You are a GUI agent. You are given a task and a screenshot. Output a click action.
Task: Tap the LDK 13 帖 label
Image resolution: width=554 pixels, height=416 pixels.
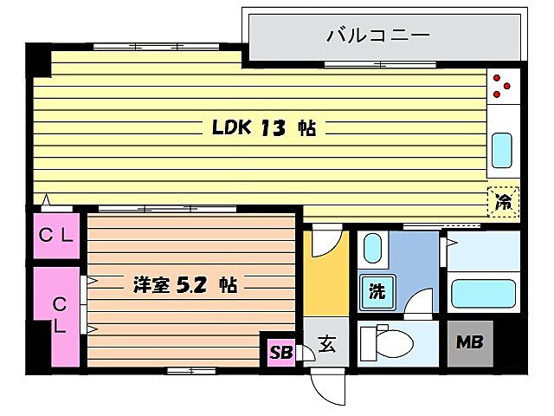point(264,128)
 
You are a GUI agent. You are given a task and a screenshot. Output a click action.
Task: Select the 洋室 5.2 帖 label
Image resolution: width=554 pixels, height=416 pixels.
point(185,283)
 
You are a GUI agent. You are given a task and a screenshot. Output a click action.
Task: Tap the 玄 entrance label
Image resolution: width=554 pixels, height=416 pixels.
point(327,344)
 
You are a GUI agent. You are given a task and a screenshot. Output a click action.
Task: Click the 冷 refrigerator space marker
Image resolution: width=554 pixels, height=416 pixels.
point(503,203)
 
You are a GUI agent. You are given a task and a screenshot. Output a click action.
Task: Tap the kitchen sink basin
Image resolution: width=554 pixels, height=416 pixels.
point(502,151)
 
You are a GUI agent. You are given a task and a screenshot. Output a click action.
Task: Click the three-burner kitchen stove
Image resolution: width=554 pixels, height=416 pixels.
point(502,86)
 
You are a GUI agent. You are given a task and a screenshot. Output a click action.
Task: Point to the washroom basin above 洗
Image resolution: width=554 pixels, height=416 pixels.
point(370,250)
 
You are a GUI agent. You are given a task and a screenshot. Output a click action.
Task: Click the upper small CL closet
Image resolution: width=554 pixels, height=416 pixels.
point(57,235)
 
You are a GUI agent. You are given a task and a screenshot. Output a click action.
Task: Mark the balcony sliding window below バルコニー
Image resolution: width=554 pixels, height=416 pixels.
point(355,64)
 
